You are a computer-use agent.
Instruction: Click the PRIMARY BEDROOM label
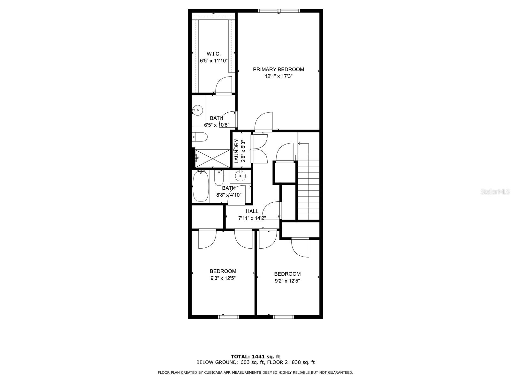pos(278,69)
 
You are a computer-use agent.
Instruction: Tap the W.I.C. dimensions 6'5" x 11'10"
pos(214,61)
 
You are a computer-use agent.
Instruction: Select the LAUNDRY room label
pos(237,151)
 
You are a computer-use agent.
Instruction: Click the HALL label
pos(252,211)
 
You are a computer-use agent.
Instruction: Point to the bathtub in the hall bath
pos(201,187)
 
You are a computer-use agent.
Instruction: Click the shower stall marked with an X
pos(212,158)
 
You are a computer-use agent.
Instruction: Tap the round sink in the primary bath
pos(198,111)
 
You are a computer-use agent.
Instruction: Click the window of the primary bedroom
pos(279,11)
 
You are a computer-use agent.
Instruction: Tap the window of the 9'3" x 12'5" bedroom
pos(228,317)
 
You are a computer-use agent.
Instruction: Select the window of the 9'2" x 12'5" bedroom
pos(283,317)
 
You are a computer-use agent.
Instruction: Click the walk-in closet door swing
pos(223,86)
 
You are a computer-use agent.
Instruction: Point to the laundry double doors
pos(259,149)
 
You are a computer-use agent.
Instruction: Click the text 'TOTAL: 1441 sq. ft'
pos(256,357)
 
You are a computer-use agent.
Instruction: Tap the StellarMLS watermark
pos(496,192)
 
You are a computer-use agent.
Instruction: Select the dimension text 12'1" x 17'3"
pos(278,76)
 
